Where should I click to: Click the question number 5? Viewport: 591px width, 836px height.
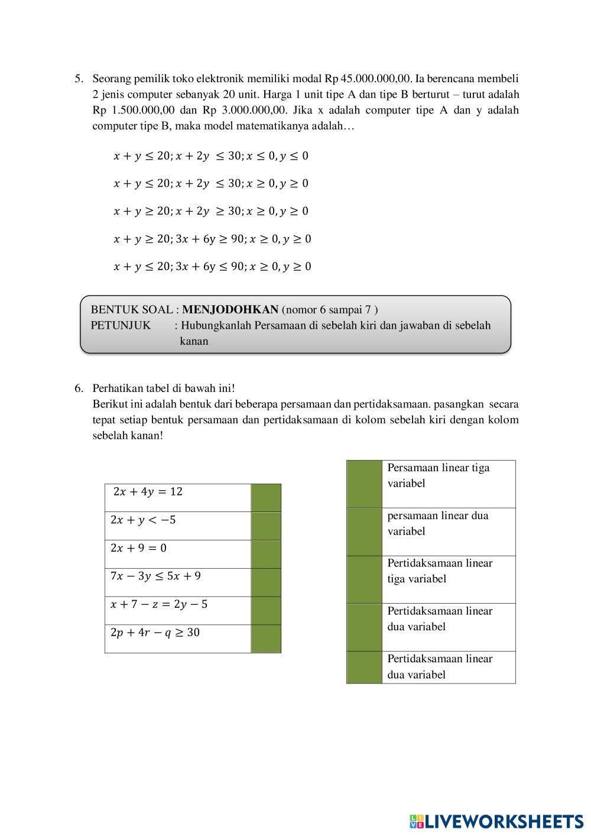point(78,79)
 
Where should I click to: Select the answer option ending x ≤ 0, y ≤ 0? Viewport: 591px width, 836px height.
point(211,156)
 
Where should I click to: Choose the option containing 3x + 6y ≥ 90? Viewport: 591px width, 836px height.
point(212,239)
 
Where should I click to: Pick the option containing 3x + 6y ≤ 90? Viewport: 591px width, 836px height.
point(212,267)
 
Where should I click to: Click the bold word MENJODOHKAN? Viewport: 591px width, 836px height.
point(230,309)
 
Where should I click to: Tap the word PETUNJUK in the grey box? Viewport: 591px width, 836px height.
point(121,325)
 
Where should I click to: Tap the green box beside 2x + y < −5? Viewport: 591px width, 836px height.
point(266,526)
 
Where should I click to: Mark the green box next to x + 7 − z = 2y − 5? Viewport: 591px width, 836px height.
point(266,610)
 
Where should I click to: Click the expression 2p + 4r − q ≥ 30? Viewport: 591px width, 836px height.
point(155,633)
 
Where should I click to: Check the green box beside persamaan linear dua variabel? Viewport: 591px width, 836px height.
point(364,532)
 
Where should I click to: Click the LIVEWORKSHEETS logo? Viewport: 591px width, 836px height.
point(496,821)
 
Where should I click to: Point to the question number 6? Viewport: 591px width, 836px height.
point(78,388)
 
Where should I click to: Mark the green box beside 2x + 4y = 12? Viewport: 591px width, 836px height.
point(266,497)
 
